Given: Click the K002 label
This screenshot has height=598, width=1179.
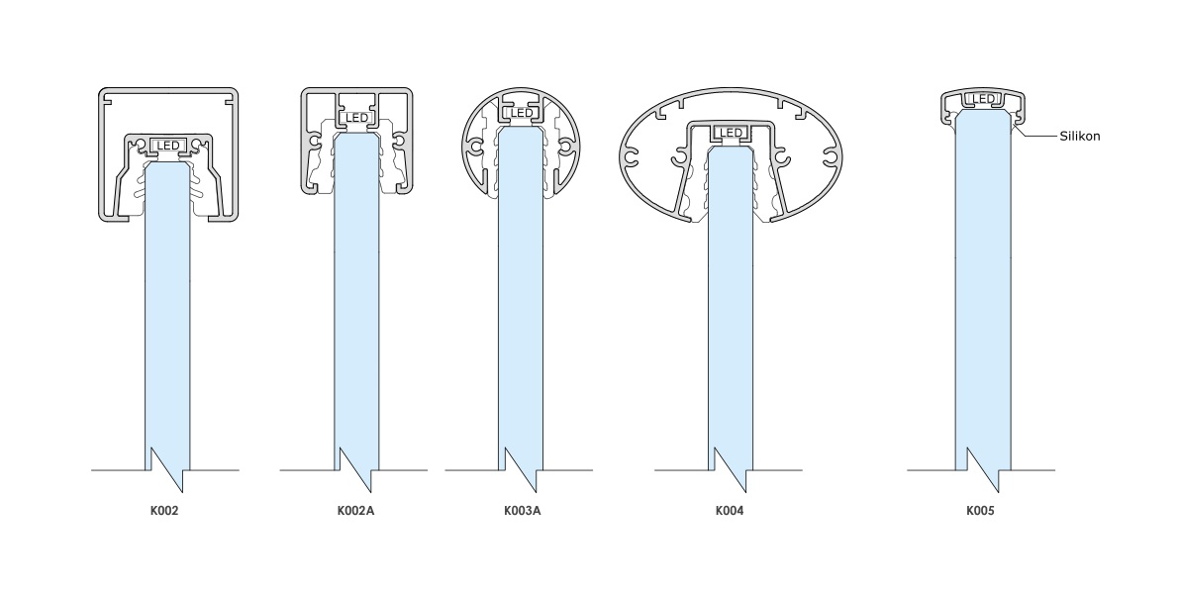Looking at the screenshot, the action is tap(164, 511).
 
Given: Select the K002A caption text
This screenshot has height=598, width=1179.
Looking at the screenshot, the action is tap(355, 511).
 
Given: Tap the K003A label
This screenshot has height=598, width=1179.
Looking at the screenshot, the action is tap(522, 511).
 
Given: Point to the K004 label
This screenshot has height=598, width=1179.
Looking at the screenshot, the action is tap(730, 511).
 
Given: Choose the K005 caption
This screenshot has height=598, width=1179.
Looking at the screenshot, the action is tap(980, 511).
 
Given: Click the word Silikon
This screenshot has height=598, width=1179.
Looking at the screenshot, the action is tap(1080, 137).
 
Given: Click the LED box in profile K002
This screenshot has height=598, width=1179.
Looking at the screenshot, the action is tap(167, 146).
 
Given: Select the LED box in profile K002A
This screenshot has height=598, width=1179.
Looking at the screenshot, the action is tap(356, 118).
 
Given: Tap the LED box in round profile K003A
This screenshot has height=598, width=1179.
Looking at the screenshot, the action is tap(521, 113).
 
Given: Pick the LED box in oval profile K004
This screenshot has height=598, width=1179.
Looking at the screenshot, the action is tap(730, 133).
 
